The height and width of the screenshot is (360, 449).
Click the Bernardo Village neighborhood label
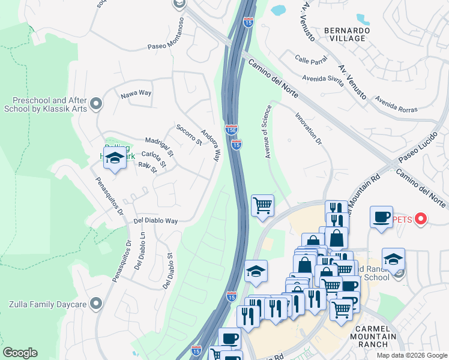tap(345, 34)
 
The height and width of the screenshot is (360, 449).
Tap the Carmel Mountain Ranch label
tap(376, 336)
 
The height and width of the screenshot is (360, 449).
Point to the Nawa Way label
tap(136, 93)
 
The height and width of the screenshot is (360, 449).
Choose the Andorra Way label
tap(209, 145)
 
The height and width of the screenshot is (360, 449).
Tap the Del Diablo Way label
tap(156, 221)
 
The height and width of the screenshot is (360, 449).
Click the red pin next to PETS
tap(421, 220)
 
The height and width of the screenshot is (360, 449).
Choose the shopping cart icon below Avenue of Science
tap(262, 206)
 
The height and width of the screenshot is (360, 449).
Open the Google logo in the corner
tap(20, 353)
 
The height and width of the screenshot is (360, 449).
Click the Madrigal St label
tap(158, 146)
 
